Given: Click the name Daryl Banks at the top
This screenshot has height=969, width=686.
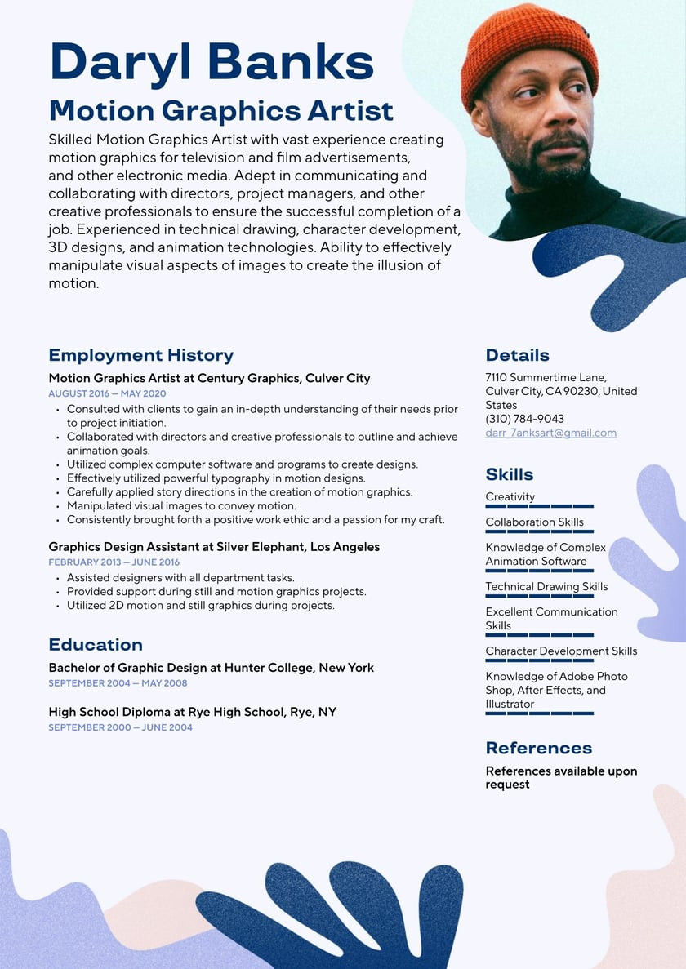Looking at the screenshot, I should tap(212, 62).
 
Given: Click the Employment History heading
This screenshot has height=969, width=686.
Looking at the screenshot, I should tap(140, 355).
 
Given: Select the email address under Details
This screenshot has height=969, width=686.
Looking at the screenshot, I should tap(550, 433).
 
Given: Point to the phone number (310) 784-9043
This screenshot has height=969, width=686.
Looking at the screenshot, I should tap(524, 419).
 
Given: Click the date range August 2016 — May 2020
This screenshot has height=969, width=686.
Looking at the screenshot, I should tap(107, 393).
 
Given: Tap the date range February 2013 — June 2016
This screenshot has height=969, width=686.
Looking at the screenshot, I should tap(114, 562).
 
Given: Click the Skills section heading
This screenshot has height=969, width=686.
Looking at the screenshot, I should tap(509, 474).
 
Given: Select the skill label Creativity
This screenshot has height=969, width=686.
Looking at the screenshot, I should tap(510, 496).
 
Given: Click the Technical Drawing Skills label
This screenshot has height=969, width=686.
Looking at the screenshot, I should tap(546, 586).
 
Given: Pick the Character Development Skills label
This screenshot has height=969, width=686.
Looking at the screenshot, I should tap(561, 651).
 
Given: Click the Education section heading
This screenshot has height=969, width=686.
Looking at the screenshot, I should tap(96, 645).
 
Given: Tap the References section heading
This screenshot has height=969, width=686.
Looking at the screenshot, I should tap(538, 748).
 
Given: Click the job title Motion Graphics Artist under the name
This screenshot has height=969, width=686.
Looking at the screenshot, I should tap(220, 110).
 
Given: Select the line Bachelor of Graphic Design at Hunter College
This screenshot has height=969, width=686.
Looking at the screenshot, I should tap(211, 668).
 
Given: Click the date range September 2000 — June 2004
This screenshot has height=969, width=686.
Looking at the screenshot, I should tap(120, 727).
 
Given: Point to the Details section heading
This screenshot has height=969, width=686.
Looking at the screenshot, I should tap(517, 355).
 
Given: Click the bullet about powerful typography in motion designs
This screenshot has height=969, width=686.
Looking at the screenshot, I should tap(216, 478).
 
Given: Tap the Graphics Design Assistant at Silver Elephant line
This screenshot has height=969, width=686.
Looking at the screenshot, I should tap(214, 547).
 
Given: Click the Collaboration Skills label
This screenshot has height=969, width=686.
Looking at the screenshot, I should tap(534, 522).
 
